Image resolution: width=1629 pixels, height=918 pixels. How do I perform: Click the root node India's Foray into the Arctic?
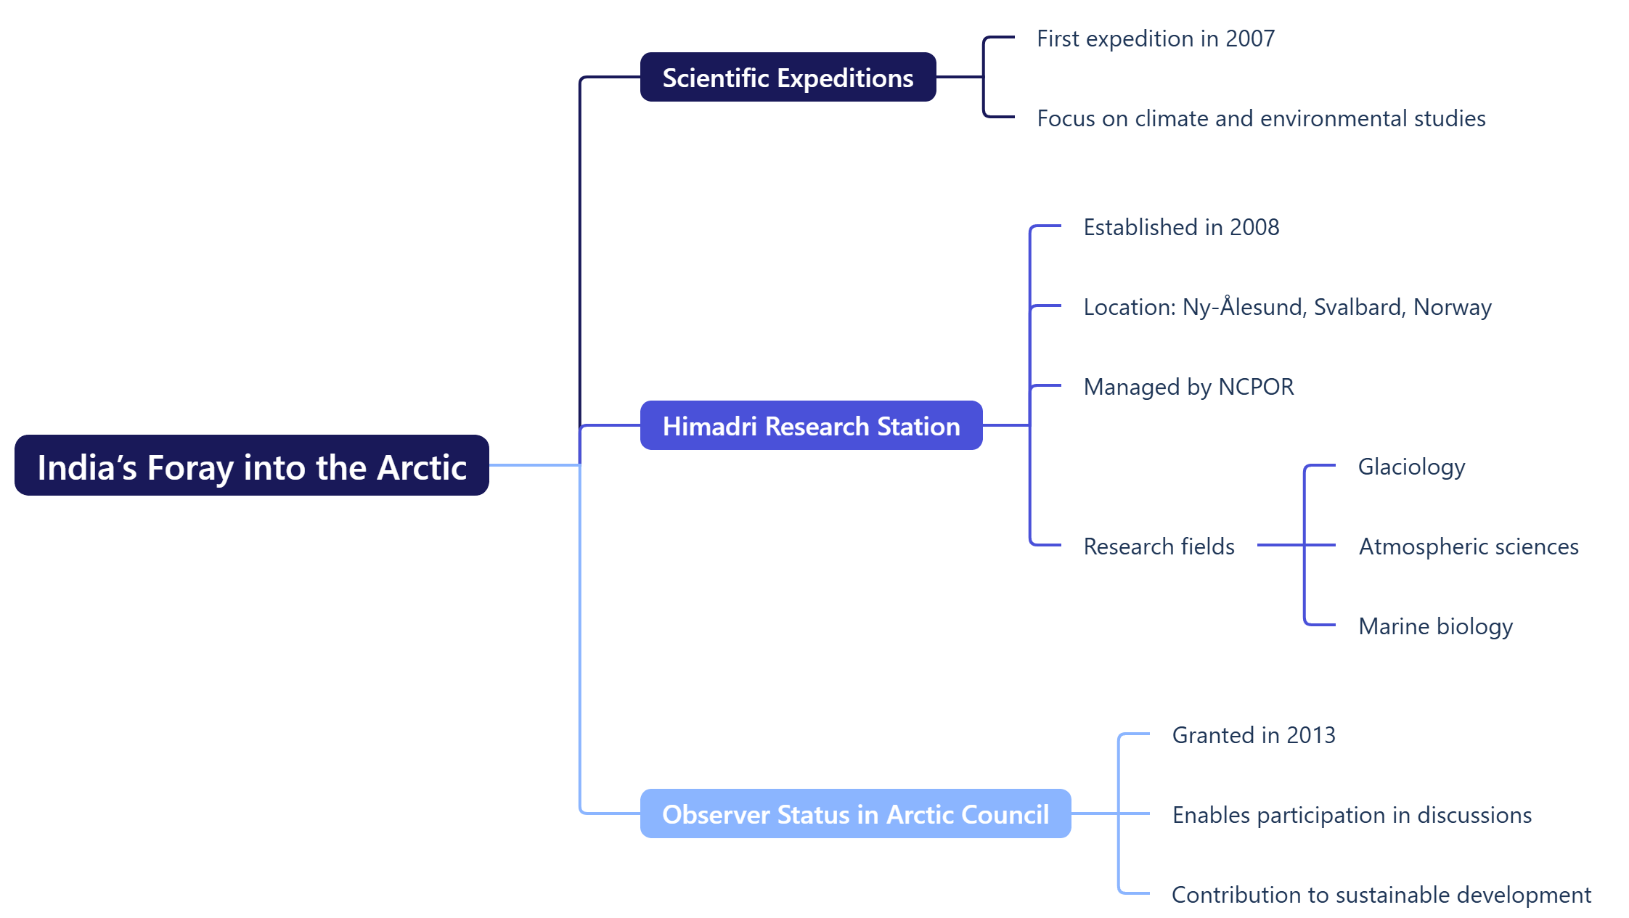point(251,466)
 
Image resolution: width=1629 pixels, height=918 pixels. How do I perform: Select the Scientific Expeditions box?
point(788,78)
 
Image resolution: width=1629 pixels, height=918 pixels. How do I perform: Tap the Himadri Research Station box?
point(811,426)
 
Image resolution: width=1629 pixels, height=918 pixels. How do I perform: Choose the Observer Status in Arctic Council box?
point(855,814)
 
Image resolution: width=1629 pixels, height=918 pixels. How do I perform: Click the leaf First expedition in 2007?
point(1155,38)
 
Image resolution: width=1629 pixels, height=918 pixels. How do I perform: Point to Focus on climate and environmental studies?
point(1261,118)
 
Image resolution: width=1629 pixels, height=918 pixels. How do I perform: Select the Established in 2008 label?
point(1181,227)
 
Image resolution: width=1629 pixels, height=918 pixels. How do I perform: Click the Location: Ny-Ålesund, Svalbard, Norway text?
point(1287,307)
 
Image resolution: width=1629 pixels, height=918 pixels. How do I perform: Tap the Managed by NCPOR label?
point(1188,387)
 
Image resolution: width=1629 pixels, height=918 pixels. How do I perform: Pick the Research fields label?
point(1159,546)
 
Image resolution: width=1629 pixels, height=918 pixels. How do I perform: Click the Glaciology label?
point(1411,467)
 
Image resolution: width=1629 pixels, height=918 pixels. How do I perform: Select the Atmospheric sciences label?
point(1469,546)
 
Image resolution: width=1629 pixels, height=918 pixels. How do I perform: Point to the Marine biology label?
point(1435,626)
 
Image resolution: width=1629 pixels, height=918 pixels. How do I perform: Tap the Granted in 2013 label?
point(1254,735)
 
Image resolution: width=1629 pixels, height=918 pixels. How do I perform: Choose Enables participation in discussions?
point(1352,815)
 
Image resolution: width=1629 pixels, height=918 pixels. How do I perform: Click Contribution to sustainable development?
point(1381,895)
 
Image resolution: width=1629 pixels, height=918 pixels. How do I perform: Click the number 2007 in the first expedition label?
point(1250,38)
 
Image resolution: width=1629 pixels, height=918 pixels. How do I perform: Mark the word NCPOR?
point(1256,387)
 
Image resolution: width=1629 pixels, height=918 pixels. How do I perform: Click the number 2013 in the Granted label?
point(1311,735)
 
